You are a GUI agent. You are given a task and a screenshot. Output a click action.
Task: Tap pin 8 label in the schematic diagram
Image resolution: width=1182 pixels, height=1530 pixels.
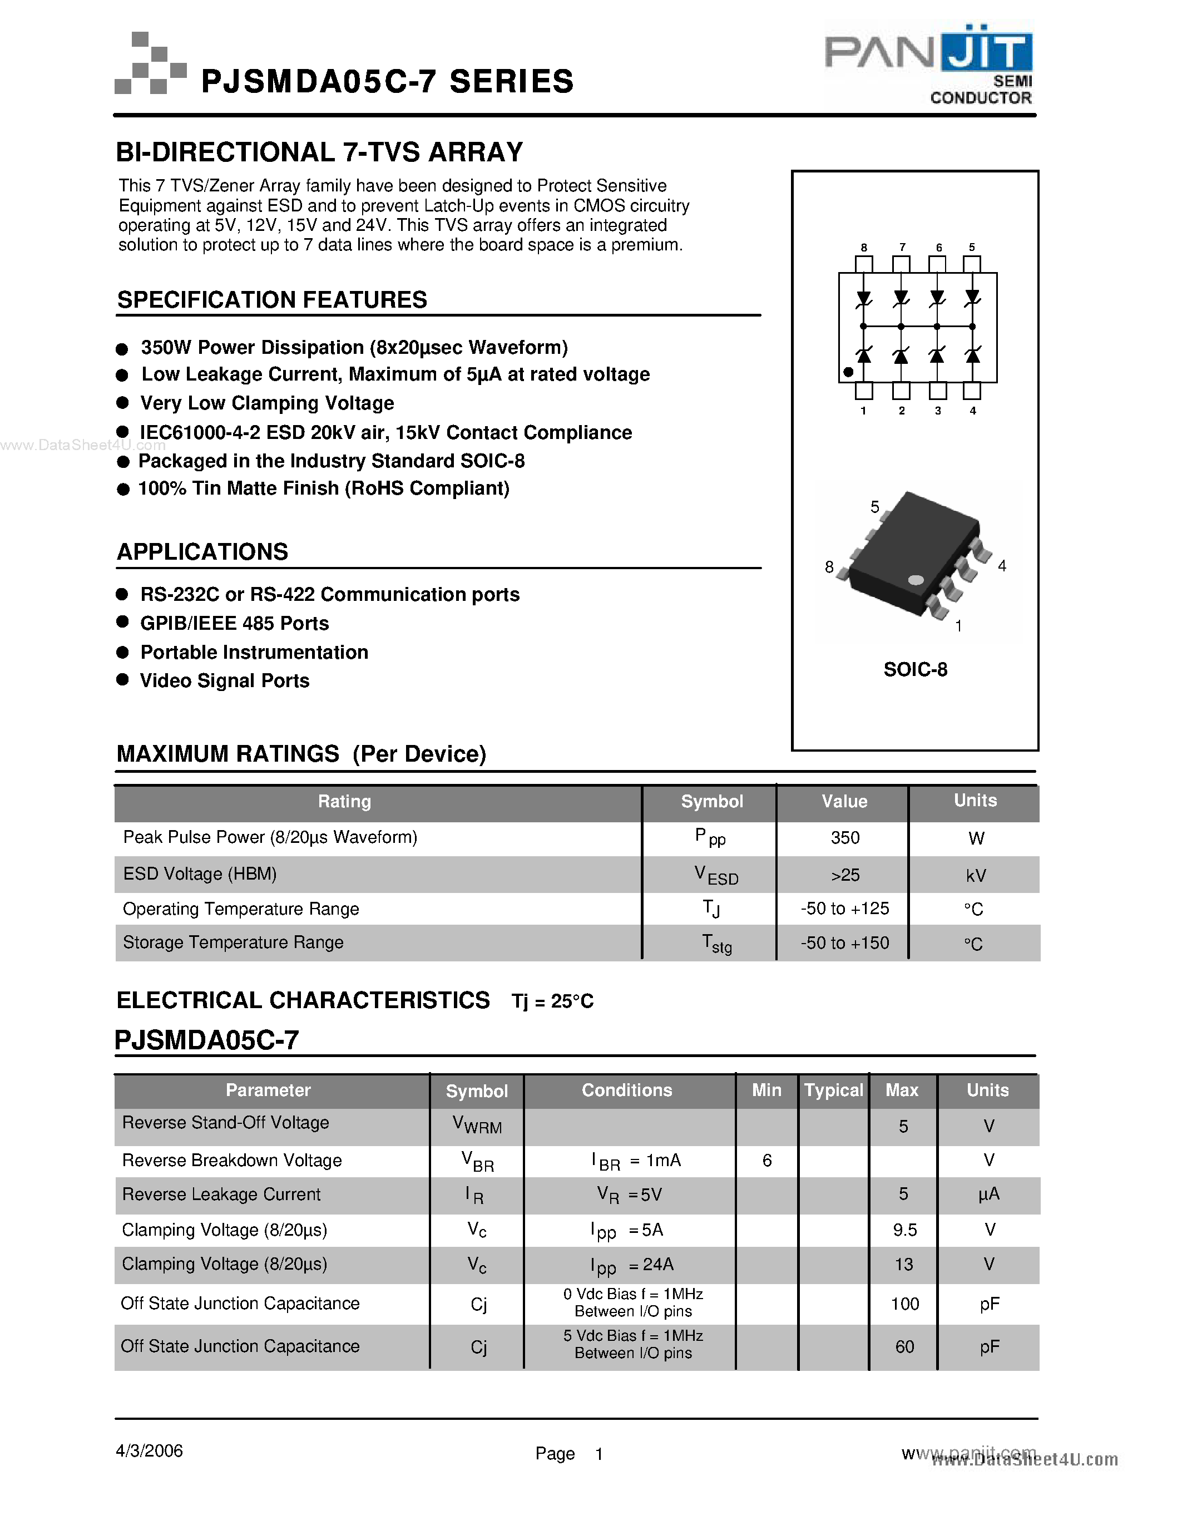[x=863, y=247]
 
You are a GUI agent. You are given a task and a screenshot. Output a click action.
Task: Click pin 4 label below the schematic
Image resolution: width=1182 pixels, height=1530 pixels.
[x=973, y=411]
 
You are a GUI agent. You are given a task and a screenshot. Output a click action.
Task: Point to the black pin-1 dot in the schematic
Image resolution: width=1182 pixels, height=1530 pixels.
[x=848, y=373]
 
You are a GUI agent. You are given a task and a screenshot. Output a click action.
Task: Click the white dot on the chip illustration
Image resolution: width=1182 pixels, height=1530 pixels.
[x=915, y=579]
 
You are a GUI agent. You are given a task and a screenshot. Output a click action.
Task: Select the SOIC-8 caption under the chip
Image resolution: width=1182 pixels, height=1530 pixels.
[x=915, y=670]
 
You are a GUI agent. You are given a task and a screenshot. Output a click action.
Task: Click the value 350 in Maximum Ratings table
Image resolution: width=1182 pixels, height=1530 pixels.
[x=844, y=838]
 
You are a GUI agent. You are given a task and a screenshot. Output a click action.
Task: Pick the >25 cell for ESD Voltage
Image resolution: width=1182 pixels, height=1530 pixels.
[x=844, y=875]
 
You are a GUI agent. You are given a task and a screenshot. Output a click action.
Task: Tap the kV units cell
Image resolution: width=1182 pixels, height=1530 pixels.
[x=976, y=876]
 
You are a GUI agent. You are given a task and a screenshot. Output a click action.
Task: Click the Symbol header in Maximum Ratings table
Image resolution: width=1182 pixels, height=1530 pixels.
[x=711, y=801]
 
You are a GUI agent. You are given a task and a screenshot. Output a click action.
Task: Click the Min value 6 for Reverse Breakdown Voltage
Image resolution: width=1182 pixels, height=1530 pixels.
[x=766, y=1161]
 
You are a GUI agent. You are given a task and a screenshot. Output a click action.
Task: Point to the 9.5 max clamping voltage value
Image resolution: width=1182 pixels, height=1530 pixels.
[x=904, y=1230]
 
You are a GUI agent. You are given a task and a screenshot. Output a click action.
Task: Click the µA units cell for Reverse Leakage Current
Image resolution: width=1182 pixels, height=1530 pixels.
[x=988, y=1195]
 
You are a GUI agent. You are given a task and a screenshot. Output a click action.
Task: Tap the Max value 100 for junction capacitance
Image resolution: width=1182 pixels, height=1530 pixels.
[x=904, y=1304]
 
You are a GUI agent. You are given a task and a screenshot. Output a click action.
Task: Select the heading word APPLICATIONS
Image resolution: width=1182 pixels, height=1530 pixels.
[x=202, y=552]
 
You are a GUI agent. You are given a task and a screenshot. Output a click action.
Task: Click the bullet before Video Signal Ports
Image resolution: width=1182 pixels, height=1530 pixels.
[x=122, y=679]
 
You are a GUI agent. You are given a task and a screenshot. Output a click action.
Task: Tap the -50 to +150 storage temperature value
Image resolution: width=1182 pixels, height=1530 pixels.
[x=844, y=943]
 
